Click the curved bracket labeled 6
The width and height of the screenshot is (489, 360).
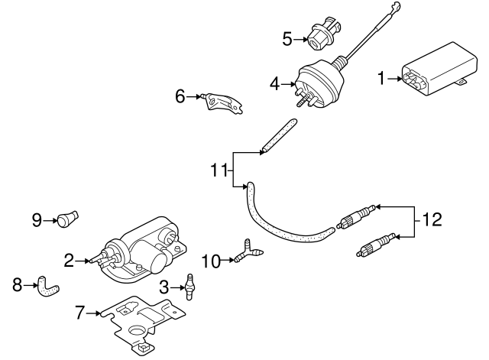pyautogui.click(x=222, y=102)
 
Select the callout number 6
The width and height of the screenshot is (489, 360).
pyautogui.click(x=180, y=97)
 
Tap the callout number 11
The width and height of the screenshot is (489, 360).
pyautogui.click(x=220, y=169)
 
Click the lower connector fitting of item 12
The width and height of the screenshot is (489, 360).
pyautogui.click(x=377, y=245)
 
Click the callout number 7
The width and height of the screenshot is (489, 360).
pyautogui.click(x=79, y=311)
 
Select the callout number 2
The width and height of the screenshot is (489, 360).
pyautogui.click(x=69, y=261)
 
